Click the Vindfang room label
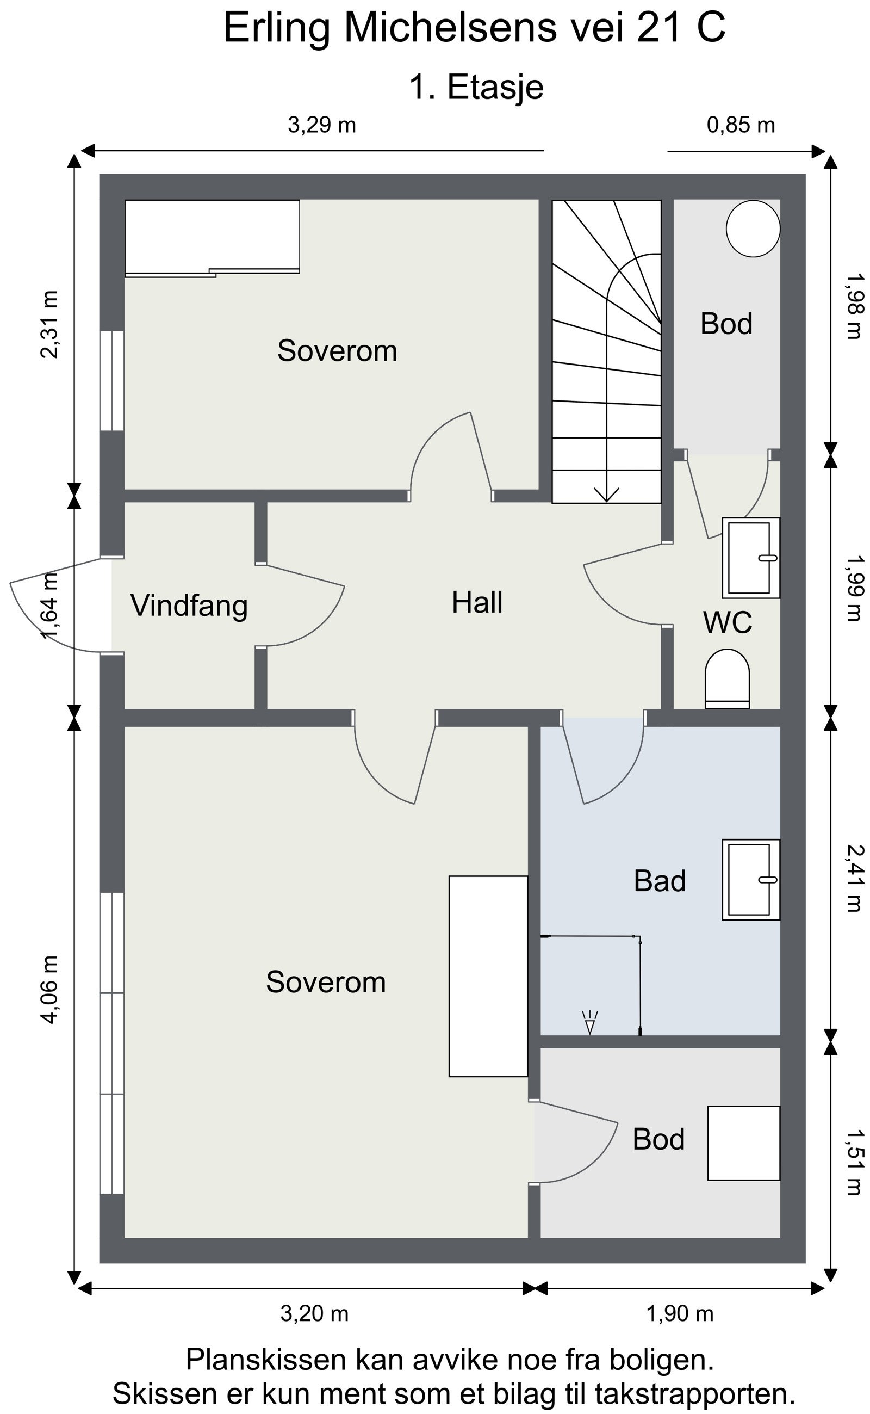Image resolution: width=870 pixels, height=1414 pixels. point(189,606)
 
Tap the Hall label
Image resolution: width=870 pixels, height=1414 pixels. point(477,603)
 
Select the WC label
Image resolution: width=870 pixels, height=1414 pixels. point(728,622)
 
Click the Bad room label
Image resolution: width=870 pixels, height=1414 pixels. point(660,881)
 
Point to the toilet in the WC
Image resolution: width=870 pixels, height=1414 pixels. point(728,678)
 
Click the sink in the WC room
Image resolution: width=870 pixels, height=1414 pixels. point(751,558)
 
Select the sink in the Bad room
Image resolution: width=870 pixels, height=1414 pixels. point(751,880)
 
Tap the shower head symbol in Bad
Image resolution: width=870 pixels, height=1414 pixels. point(590,1022)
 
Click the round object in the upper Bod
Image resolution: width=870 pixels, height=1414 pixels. point(753,229)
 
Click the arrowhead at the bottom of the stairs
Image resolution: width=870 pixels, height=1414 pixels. point(606,495)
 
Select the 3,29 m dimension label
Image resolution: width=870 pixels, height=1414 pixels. point(322,125)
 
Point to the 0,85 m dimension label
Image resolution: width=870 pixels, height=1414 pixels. point(741,125)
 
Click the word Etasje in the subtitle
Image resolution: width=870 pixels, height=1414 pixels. point(495,88)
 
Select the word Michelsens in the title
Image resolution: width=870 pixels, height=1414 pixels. point(451,28)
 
